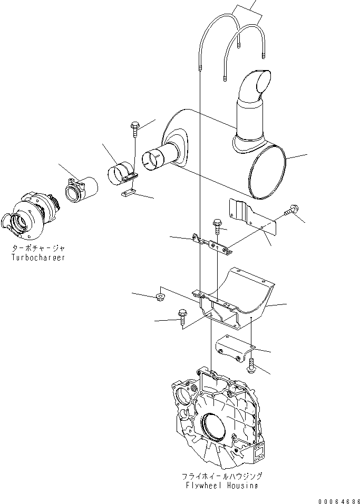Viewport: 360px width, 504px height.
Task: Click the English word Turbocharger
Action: (38, 258)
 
